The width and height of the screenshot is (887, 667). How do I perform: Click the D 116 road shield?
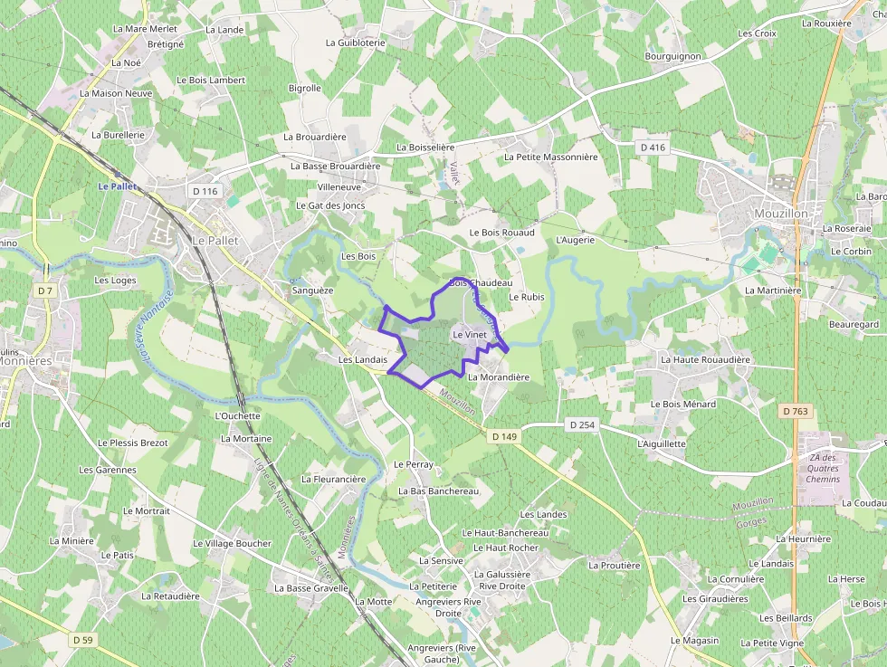click(x=205, y=191)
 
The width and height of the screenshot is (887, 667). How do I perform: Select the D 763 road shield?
click(x=795, y=411)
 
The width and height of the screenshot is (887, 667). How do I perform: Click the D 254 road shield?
click(x=582, y=424)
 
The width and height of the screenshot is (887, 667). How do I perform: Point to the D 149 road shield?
click(x=504, y=436)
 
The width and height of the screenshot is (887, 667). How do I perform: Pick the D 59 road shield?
click(x=81, y=640)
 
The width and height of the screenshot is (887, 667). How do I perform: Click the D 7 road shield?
click(x=46, y=291)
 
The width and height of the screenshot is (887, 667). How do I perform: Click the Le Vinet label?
click(x=470, y=335)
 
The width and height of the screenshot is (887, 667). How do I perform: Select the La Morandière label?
click(x=499, y=376)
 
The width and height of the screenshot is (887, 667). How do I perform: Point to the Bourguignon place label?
click(x=672, y=56)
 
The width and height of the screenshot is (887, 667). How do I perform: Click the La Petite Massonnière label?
click(x=550, y=157)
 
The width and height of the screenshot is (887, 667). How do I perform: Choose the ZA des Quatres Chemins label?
click(x=822, y=468)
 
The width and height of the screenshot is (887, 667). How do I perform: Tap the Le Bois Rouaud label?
click(x=501, y=233)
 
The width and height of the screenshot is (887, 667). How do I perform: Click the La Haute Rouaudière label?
click(x=705, y=359)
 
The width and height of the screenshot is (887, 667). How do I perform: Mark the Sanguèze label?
click(x=313, y=291)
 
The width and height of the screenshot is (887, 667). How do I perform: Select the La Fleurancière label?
click(x=333, y=479)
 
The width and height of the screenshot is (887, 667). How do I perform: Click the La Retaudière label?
click(x=170, y=596)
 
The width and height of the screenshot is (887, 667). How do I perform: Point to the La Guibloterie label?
click(x=356, y=43)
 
